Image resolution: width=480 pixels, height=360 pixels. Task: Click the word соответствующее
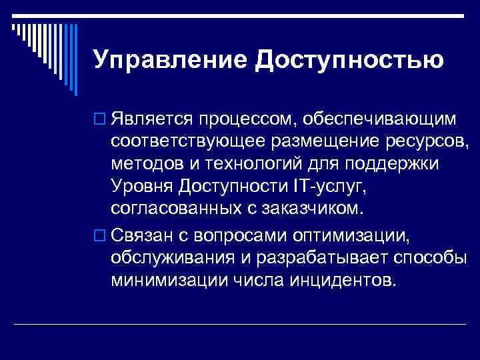188,141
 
